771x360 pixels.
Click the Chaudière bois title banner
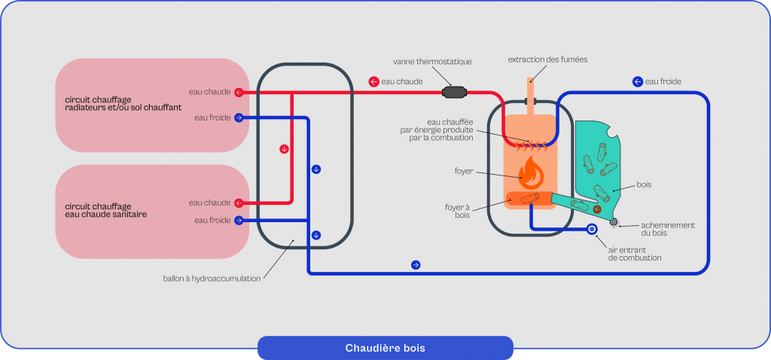pyautogui.click(x=385, y=348)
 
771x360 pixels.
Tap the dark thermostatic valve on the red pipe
pyautogui.click(x=454, y=93)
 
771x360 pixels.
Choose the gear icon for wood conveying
pyautogui.click(x=614, y=221)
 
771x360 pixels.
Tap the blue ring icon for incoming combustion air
pyautogui.click(x=592, y=228)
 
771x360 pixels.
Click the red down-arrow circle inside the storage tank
pyautogui.click(x=284, y=148)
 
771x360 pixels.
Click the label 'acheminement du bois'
pyautogui.click(x=667, y=229)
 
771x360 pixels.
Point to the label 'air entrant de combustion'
pyautogui.click(x=634, y=253)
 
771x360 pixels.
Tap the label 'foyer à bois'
pyautogui.click(x=459, y=209)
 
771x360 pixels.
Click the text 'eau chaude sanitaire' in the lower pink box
pyautogui.click(x=106, y=215)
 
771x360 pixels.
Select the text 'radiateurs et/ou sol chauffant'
pyautogui.click(x=123, y=108)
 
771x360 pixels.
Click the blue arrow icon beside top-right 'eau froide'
pyautogui.click(x=637, y=81)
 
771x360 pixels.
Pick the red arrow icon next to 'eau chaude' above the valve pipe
pyautogui.click(x=373, y=81)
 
